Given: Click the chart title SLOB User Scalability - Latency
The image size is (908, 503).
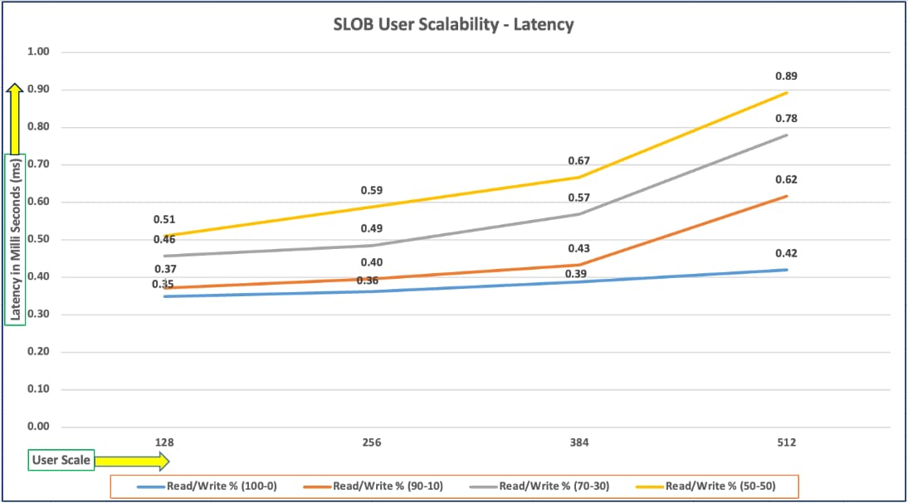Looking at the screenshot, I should pyautogui.click(x=453, y=25).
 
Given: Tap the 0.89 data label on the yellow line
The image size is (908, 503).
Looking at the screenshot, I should pyautogui.click(x=787, y=76).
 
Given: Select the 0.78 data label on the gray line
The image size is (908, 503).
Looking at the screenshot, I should pyautogui.click(x=787, y=119).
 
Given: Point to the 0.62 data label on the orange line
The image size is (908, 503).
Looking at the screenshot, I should pyautogui.click(x=787, y=179).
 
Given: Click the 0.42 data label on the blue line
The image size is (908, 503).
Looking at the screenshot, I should pyautogui.click(x=787, y=253).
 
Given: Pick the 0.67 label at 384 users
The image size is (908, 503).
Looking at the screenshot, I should pyautogui.click(x=578, y=160).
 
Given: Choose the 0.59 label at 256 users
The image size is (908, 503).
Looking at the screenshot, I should pyautogui.click(x=372, y=191).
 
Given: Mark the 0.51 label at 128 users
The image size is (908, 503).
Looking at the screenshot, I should pyautogui.click(x=164, y=220).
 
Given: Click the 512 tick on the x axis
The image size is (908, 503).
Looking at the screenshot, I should pyautogui.click(x=787, y=442).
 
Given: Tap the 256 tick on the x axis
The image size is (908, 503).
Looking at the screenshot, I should pyautogui.click(x=372, y=442).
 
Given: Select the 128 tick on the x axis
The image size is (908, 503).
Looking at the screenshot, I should pyautogui.click(x=164, y=442).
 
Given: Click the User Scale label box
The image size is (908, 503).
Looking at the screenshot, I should pyautogui.click(x=61, y=459).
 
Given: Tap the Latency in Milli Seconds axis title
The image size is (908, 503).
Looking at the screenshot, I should pyautogui.click(x=16, y=239).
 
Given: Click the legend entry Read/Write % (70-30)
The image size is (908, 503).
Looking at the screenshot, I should pyautogui.click(x=553, y=486).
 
